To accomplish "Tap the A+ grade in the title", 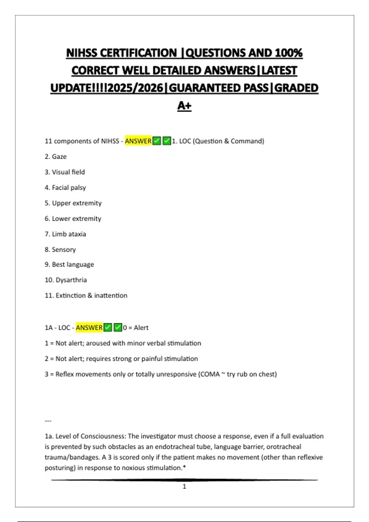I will pos(184,106).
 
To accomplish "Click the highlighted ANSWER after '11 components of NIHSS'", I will pos(138,141).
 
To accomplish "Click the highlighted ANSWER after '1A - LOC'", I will pos(89,328).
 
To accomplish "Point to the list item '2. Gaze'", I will pos(56,157).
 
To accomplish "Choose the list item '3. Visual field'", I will pos(65,172).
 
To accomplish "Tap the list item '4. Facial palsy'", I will pos(65,188).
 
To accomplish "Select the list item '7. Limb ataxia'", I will pos(65,234).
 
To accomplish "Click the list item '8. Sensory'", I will pos(60,250).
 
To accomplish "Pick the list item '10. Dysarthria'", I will pos(66,280).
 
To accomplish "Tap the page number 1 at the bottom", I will pos(184,486).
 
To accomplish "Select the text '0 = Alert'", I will pos(136,328).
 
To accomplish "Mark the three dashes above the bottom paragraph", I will pos(48,421).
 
